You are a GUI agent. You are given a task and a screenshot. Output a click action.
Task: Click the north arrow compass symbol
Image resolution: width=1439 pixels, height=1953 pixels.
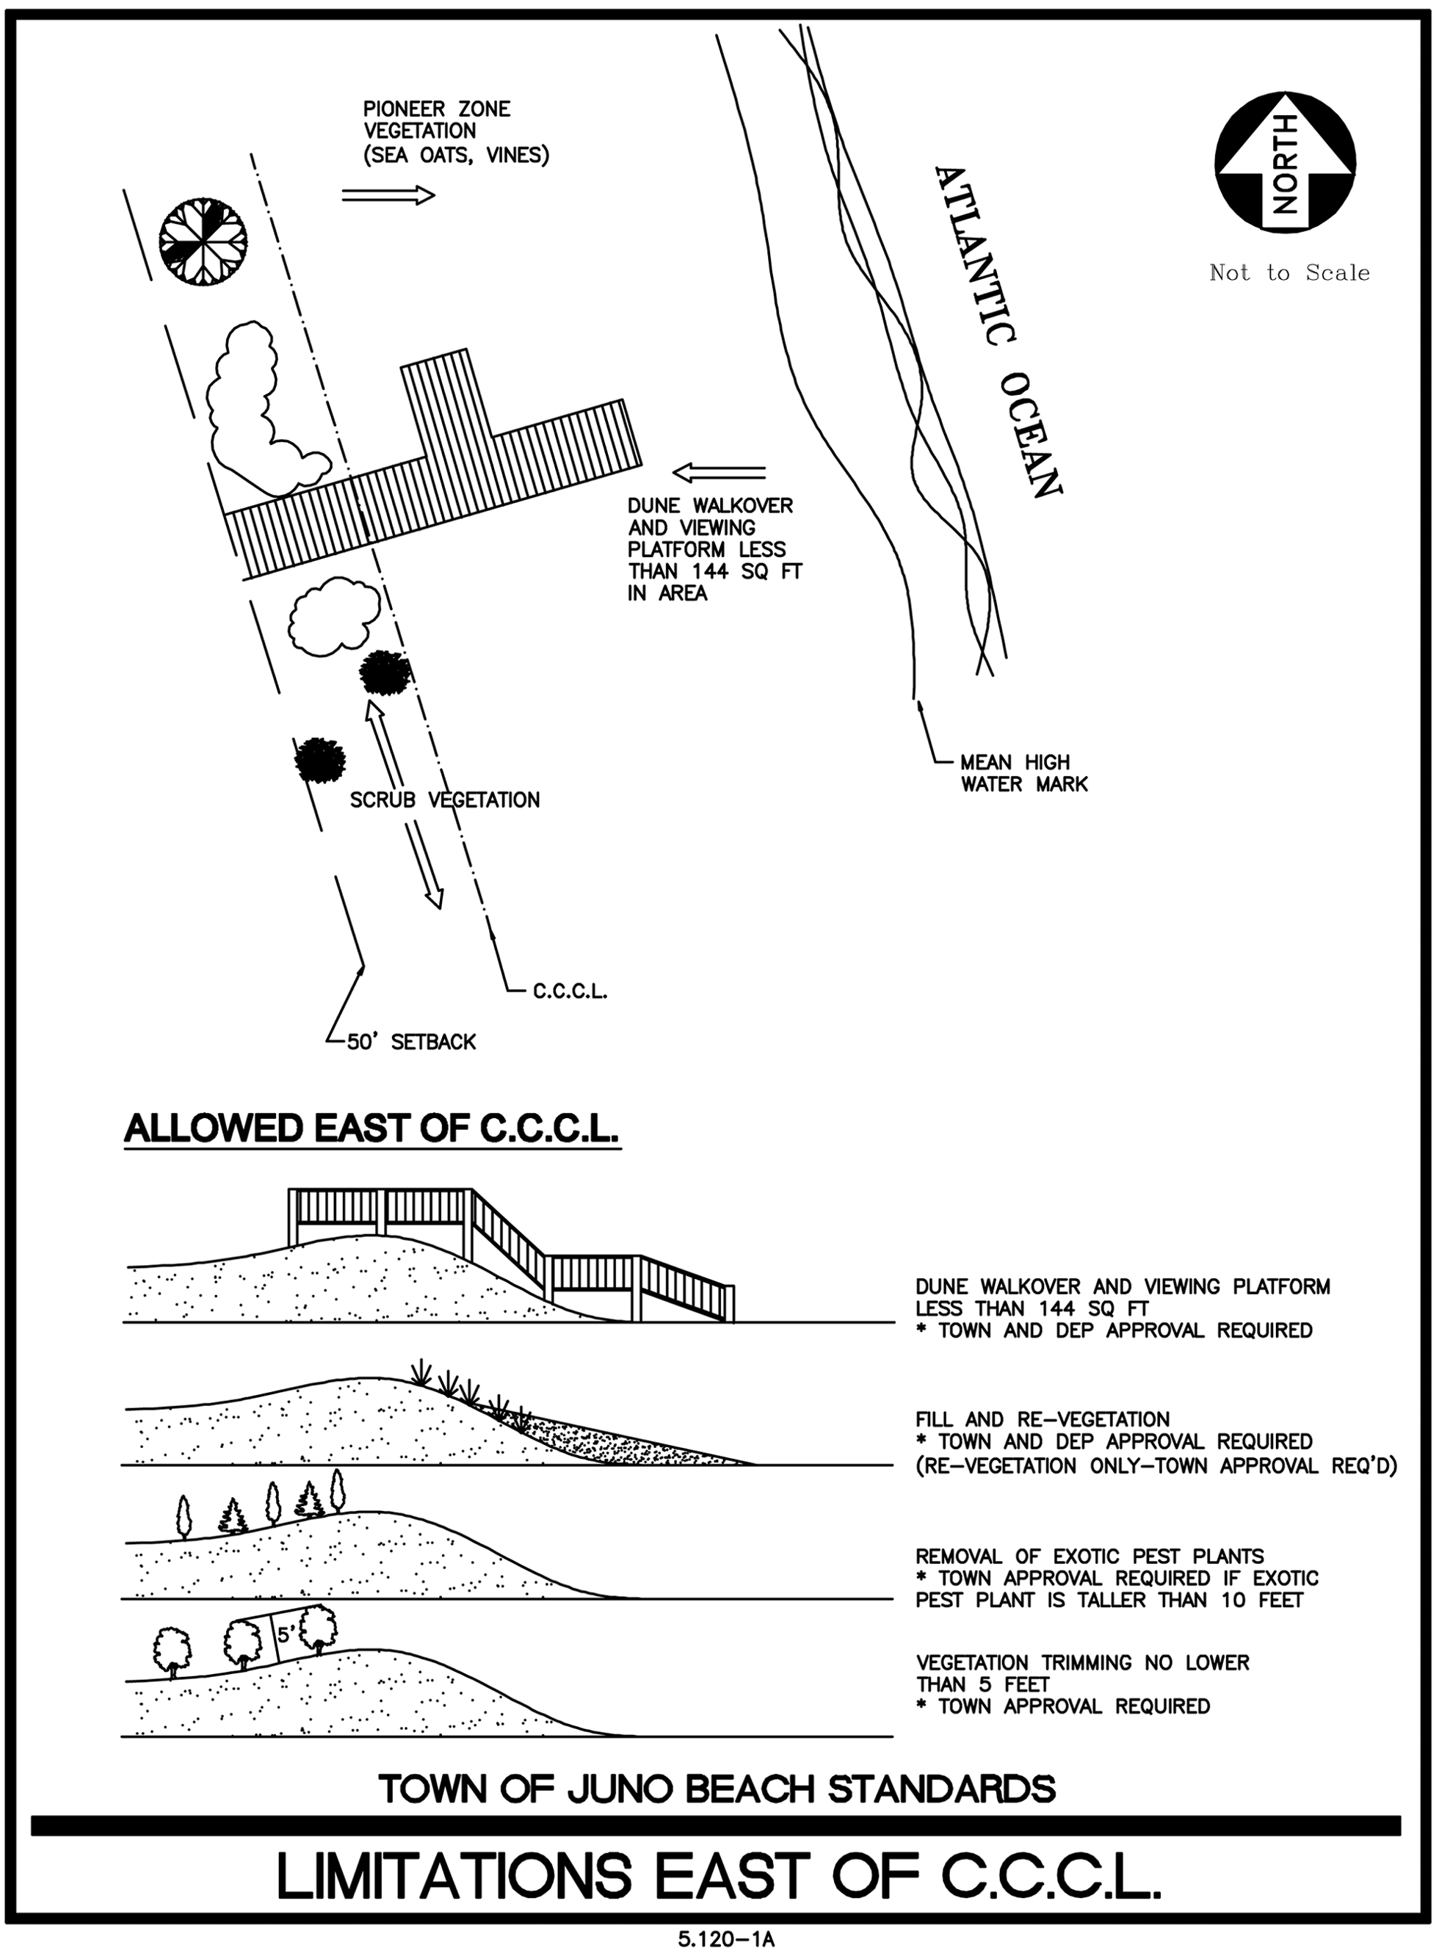(1285, 162)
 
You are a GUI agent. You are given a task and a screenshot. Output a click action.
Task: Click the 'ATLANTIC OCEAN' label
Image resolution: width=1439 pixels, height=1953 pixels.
(997, 331)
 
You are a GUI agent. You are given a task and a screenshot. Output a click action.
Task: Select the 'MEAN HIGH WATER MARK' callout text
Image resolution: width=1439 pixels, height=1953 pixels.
(1023, 772)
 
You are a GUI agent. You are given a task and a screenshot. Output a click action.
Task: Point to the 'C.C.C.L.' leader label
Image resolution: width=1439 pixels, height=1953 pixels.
(570, 991)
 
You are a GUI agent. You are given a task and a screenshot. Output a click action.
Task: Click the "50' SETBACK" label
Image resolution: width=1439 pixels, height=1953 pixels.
(411, 1042)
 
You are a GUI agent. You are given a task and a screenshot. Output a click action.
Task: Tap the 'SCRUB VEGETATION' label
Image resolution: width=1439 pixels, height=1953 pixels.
(444, 800)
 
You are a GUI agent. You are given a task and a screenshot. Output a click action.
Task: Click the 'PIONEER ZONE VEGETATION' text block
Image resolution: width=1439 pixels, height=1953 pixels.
(454, 132)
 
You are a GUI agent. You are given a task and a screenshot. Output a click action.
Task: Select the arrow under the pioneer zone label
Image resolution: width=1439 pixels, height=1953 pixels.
(388, 195)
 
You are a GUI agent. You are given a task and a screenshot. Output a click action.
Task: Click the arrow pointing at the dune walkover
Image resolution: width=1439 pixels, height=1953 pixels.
(719, 472)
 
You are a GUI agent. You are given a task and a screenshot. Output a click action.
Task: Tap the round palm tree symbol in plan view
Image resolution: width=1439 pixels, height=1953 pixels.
(203, 240)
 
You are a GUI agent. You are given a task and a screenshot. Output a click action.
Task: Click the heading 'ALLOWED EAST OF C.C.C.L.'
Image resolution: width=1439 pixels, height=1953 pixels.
(372, 1129)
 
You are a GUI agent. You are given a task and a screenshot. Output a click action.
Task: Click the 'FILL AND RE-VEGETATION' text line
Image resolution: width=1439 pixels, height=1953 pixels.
(1042, 1419)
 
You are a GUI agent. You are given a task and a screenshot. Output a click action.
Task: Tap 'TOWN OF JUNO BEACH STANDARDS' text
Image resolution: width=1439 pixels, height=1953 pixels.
(717, 1789)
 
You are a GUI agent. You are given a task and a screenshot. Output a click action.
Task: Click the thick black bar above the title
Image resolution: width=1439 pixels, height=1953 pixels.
(716, 1825)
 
